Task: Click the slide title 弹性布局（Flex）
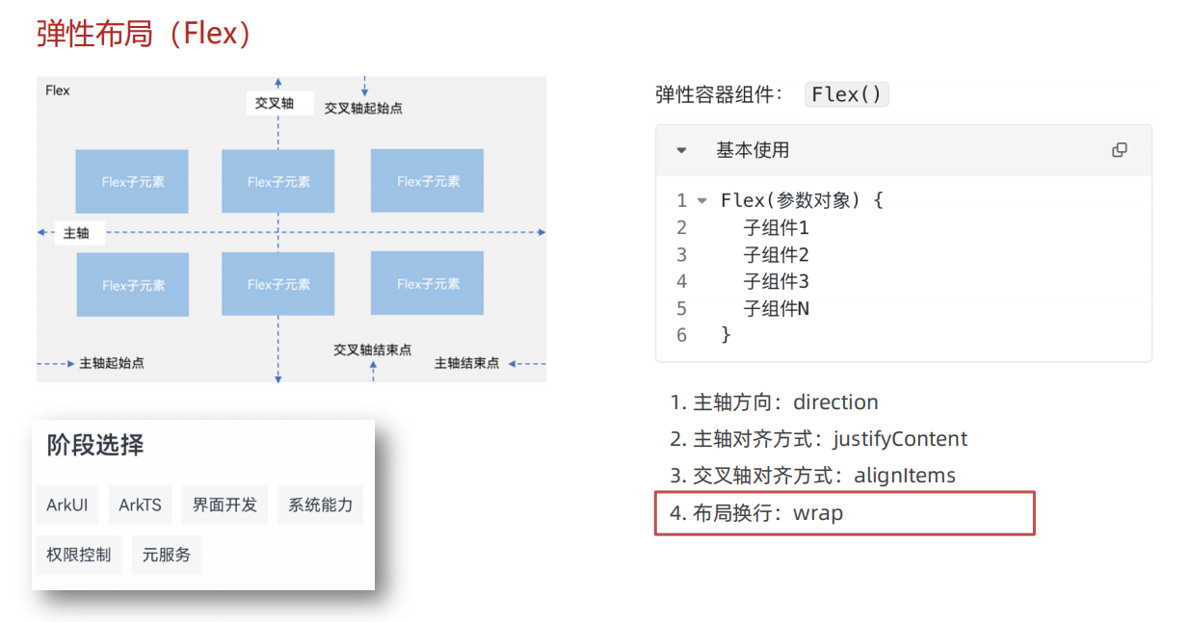(x=145, y=34)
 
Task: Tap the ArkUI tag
(x=67, y=505)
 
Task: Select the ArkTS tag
(x=140, y=505)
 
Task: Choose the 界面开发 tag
(x=225, y=505)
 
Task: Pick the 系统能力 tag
(x=321, y=505)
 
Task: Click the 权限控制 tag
(x=79, y=555)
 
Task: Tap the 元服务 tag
(x=167, y=555)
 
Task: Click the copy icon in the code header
(x=1120, y=150)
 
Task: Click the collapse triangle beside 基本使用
(x=681, y=150)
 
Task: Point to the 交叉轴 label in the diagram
(x=275, y=103)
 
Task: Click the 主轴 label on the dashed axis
(x=76, y=233)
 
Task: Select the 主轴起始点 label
(x=112, y=364)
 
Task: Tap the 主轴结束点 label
(x=467, y=364)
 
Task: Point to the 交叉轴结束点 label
(x=372, y=350)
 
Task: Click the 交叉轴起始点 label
(x=363, y=109)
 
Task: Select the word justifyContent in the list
(x=900, y=439)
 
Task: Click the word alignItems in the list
(x=905, y=476)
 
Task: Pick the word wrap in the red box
(x=818, y=513)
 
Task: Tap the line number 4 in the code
(x=681, y=281)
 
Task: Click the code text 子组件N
(x=777, y=308)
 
